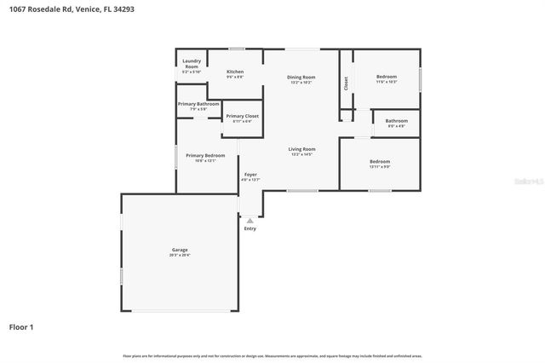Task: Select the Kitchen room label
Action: (235, 72)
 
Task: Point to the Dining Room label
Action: (302, 78)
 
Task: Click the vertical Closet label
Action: (346, 83)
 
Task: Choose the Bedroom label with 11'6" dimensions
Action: (387, 77)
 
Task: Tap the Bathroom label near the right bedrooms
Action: (397, 121)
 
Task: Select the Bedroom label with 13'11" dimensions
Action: (380, 161)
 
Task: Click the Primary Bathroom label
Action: (198, 104)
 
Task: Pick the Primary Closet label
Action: (242, 116)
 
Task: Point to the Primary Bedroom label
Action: (205, 156)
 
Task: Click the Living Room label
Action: (302, 149)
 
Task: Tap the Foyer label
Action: (250, 175)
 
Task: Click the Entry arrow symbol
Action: (250, 221)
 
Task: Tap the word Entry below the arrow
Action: (250, 228)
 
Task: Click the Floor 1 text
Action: (21, 326)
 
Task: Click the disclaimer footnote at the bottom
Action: (272, 355)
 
